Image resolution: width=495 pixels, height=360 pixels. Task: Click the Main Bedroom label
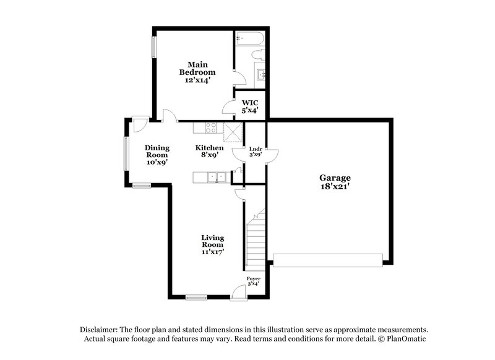pyautogui.click(x=193, y=72)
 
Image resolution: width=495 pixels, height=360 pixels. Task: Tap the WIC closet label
pyautogui.click(x=249, y=106)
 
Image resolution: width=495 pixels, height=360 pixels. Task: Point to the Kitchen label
pyautogui.click(x=209, y=152)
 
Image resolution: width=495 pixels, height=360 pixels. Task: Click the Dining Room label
pyautogui.click(x=157, y=155)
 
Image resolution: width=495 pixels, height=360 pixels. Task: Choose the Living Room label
pyautogui.click(x=212, y=244)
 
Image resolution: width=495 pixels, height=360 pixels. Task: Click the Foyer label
pyautogui.click(x=254, y=283)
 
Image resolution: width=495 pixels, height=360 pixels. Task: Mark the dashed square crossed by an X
pyautogui.click(x=233, y=130)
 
